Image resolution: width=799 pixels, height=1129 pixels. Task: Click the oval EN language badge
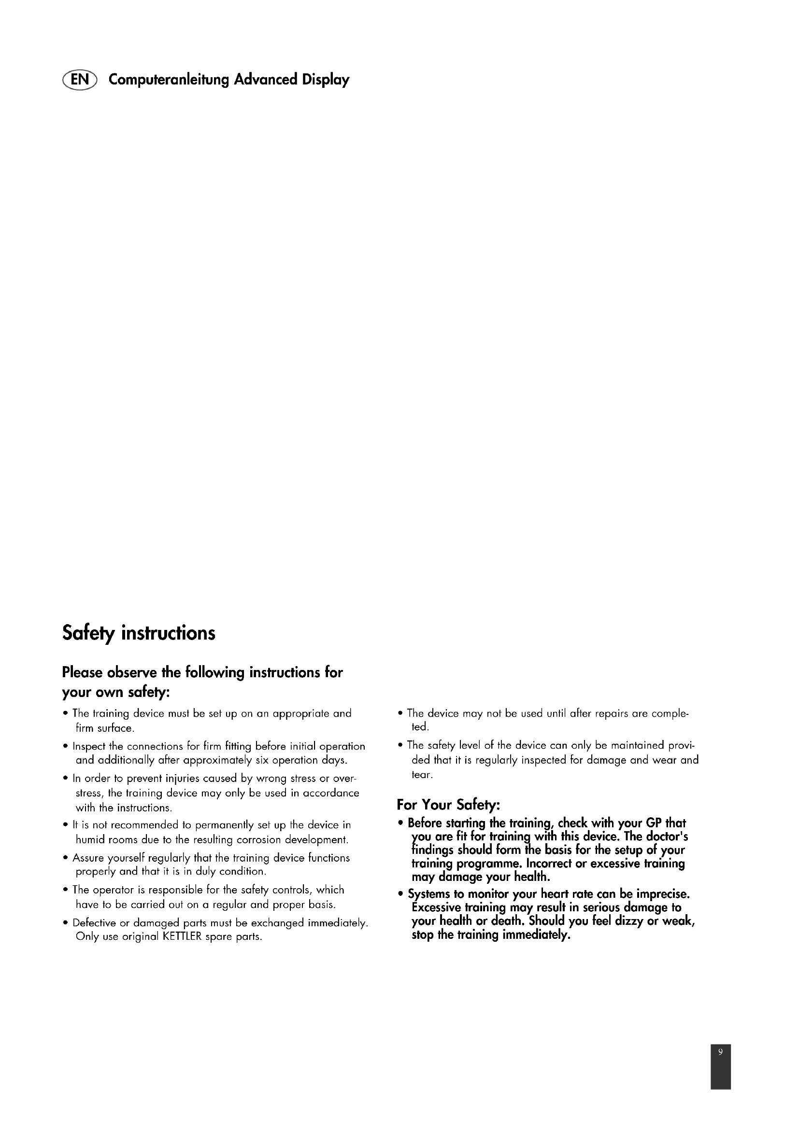pos(80,80)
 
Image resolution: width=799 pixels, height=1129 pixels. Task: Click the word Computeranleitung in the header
pos(169,80)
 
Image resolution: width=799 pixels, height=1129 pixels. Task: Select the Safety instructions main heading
pos(139,633)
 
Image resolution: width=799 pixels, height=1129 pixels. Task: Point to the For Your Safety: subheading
pos(448,805)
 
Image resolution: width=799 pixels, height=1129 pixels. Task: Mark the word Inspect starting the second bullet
pos(89,746)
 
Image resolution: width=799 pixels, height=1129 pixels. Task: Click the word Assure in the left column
pos(87,858)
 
